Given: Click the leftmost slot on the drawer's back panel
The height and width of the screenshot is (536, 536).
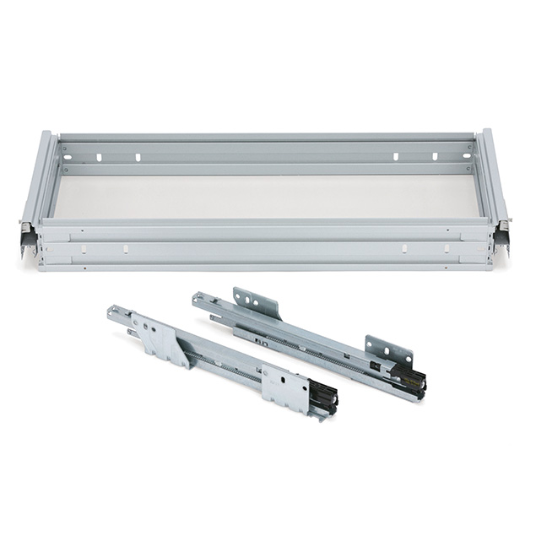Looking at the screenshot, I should click(x=98, y=157).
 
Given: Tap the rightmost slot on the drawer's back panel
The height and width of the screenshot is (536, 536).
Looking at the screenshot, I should click(x=435, y=156).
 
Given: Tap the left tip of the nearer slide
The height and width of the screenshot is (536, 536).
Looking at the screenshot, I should click(x=112, y=313).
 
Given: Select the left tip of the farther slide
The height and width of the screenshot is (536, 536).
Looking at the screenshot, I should click(x=197, y=298).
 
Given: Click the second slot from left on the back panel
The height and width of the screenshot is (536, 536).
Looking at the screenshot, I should click(x=138, y=156).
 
